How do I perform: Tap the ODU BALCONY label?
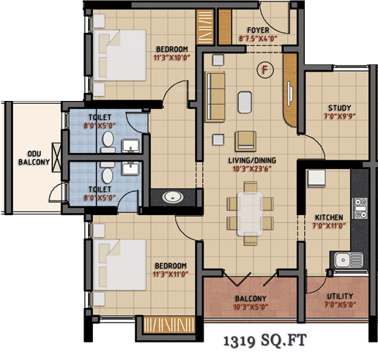[x=29, y=157]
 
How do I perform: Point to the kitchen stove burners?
[x=360, y=208]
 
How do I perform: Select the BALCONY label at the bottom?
[x=250, y=299]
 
